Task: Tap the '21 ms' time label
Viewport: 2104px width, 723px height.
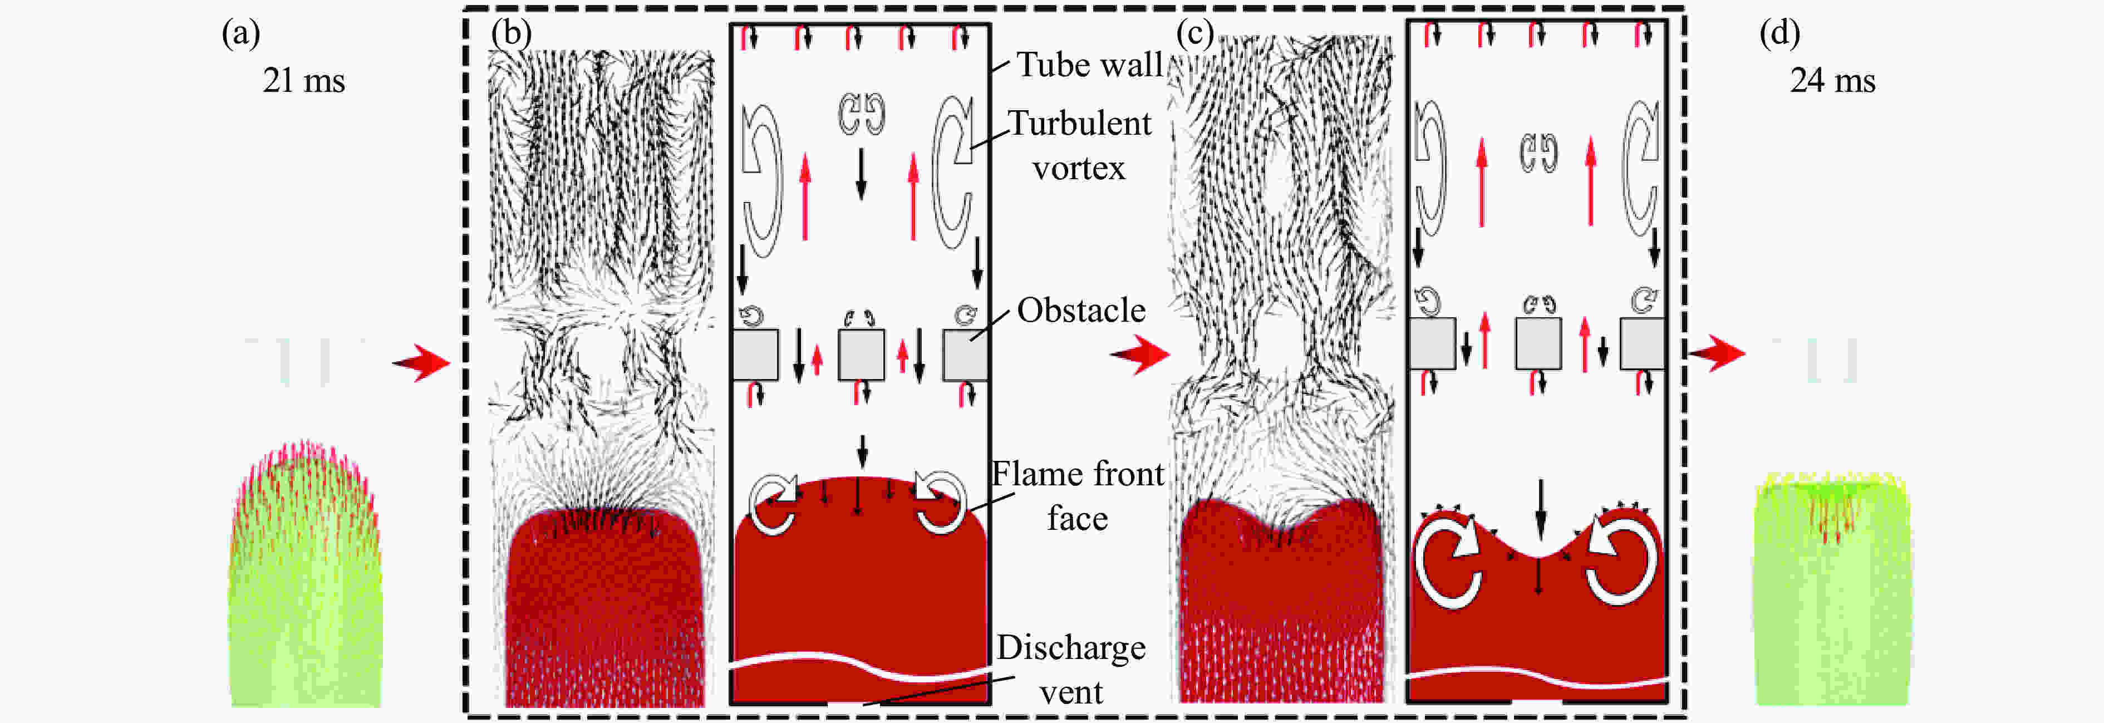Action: pos(304,81)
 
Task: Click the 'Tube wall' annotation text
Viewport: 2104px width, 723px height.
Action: pos(1089,65)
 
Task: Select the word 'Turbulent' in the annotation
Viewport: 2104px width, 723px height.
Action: pos(1079,124)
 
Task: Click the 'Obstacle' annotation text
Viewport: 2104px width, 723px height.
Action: pos(1080,311)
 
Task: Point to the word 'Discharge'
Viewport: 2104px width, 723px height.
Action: pos(1071,648)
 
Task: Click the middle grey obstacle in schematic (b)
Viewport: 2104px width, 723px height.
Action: pos(861,355)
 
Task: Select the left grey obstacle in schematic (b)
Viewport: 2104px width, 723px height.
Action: pos(755,355)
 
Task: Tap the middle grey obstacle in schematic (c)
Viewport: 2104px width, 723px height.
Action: pos(1538,343)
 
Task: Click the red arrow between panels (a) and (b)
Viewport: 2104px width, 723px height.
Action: pos(421,362)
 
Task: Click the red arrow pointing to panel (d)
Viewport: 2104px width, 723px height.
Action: pos(1716,353)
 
